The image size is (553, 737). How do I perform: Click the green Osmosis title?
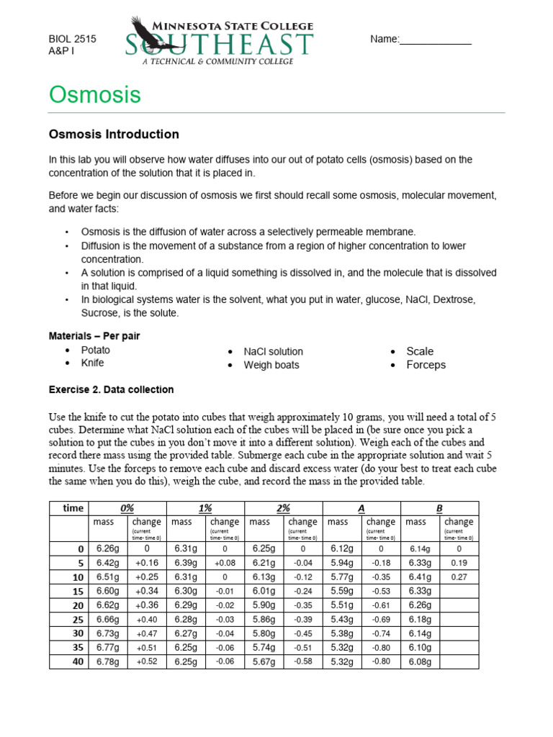[x=94, y=95]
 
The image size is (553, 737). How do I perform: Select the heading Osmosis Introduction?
[x=113, y=135]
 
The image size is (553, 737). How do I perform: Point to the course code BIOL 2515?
[x=72, y=40]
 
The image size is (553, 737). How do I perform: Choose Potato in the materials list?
[x=96, y=351]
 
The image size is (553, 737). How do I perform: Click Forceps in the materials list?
[x=426, y=365]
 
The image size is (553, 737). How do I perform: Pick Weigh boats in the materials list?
[x=271, y=365]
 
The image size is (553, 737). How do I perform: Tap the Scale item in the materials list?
[x=420, y=351]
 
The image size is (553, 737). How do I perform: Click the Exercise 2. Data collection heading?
[x=111, y=390]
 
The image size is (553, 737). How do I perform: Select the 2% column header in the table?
[x=284, y=508]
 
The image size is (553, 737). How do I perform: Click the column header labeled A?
[x=361, y=508]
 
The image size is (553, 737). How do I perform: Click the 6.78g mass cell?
[x=108, y=661]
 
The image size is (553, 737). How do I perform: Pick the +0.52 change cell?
[x=146, y=661]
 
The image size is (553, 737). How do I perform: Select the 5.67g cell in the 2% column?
[x=264, y=661]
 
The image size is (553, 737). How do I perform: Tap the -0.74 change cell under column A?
[x=381, y=633]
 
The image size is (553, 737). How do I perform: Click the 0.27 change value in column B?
[x=459, y=577]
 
